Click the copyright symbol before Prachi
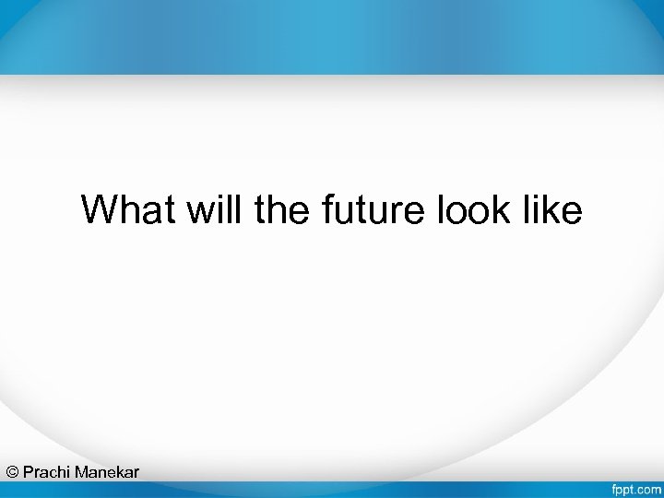click(12, 472)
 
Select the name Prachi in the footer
click(46, 472)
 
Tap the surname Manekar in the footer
click(107, 472)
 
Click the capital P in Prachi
click(29, 472)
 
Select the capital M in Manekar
click(81, 472)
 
